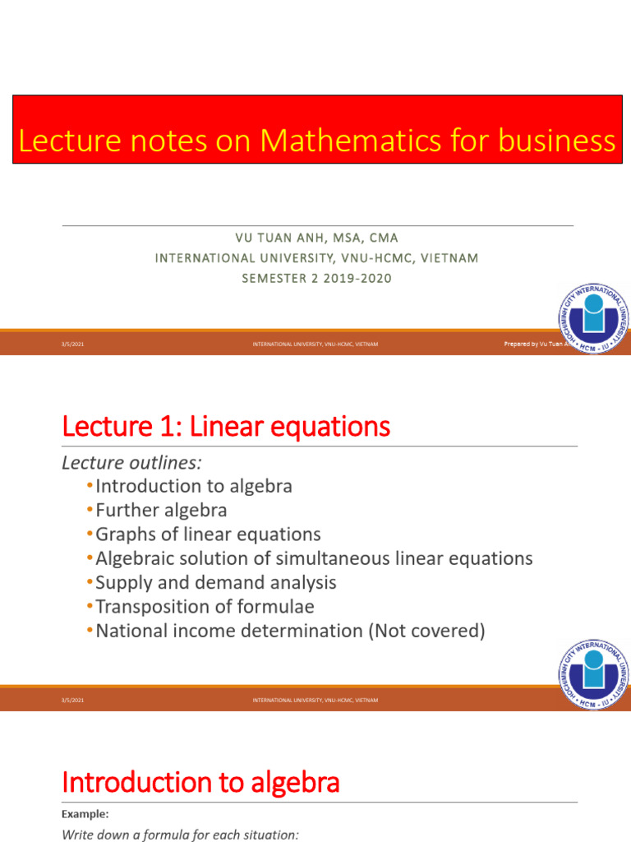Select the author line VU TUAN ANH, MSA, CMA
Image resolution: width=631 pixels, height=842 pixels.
click(316, 238)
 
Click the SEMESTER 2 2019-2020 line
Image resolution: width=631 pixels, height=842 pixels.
click(316, 278)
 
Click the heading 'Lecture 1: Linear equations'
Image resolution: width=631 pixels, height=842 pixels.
click(226, 427)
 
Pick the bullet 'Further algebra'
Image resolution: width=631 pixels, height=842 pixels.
click(161, 510)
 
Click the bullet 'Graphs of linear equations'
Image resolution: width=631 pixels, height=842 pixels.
click(208, 534)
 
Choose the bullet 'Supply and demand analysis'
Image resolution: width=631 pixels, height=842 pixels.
click(216, 582)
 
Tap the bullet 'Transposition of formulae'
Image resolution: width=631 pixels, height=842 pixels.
click(205, 607)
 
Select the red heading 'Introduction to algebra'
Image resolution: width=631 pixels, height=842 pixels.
click(200, 782)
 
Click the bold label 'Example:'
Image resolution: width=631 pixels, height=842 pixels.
click(85, 814)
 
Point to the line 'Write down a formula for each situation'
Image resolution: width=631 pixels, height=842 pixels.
click(181, 835)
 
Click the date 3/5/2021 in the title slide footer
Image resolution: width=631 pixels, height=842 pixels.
click(73, 345)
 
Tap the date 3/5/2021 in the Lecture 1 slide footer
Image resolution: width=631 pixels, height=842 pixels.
click(73, 700)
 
